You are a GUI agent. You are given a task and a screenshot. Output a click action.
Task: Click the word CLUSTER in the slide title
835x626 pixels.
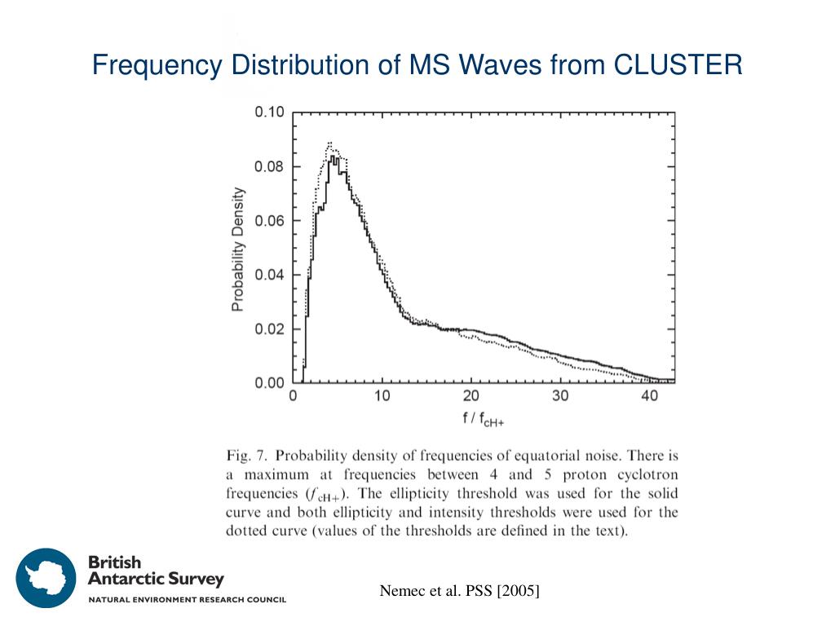click(x=678, y=64)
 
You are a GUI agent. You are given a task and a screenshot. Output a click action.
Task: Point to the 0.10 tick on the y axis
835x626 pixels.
click(x=269, y=112)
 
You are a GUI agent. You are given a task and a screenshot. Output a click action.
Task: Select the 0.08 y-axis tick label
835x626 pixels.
click(x=269, y=167)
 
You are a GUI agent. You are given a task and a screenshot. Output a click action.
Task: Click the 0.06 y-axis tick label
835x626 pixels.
click(x=269, y=221)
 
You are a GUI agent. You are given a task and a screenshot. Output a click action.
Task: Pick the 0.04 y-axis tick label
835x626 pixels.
click(x=269, y=275)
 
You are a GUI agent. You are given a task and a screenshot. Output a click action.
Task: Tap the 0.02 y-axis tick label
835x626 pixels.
click(x=269, y=329)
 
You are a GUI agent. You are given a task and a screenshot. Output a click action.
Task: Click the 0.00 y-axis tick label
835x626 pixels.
click(x=269, y=383)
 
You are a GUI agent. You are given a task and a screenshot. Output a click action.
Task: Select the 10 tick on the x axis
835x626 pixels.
click(x=382, y=397)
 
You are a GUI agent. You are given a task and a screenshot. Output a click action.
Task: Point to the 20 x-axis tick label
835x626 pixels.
click(x=471, y=397)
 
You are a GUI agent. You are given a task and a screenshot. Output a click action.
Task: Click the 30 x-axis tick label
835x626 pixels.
click(x=559, y=397)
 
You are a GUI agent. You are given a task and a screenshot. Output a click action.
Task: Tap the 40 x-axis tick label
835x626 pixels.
click(x=649, y=397)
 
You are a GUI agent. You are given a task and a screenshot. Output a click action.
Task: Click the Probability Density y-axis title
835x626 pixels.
click(x=237, y=249)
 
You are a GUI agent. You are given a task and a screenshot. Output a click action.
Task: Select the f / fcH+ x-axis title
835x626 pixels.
click(x=484, y=420)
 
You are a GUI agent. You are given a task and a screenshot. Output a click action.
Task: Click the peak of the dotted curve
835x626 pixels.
click(x=329, y=143)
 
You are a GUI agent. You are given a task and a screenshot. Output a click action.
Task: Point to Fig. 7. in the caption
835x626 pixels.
click(x=246, y=456)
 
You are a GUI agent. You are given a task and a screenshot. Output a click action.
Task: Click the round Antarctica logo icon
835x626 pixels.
click(x=46, y=578)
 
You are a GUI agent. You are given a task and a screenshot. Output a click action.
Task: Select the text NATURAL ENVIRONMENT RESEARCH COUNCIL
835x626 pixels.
click(x=187, y=601)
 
